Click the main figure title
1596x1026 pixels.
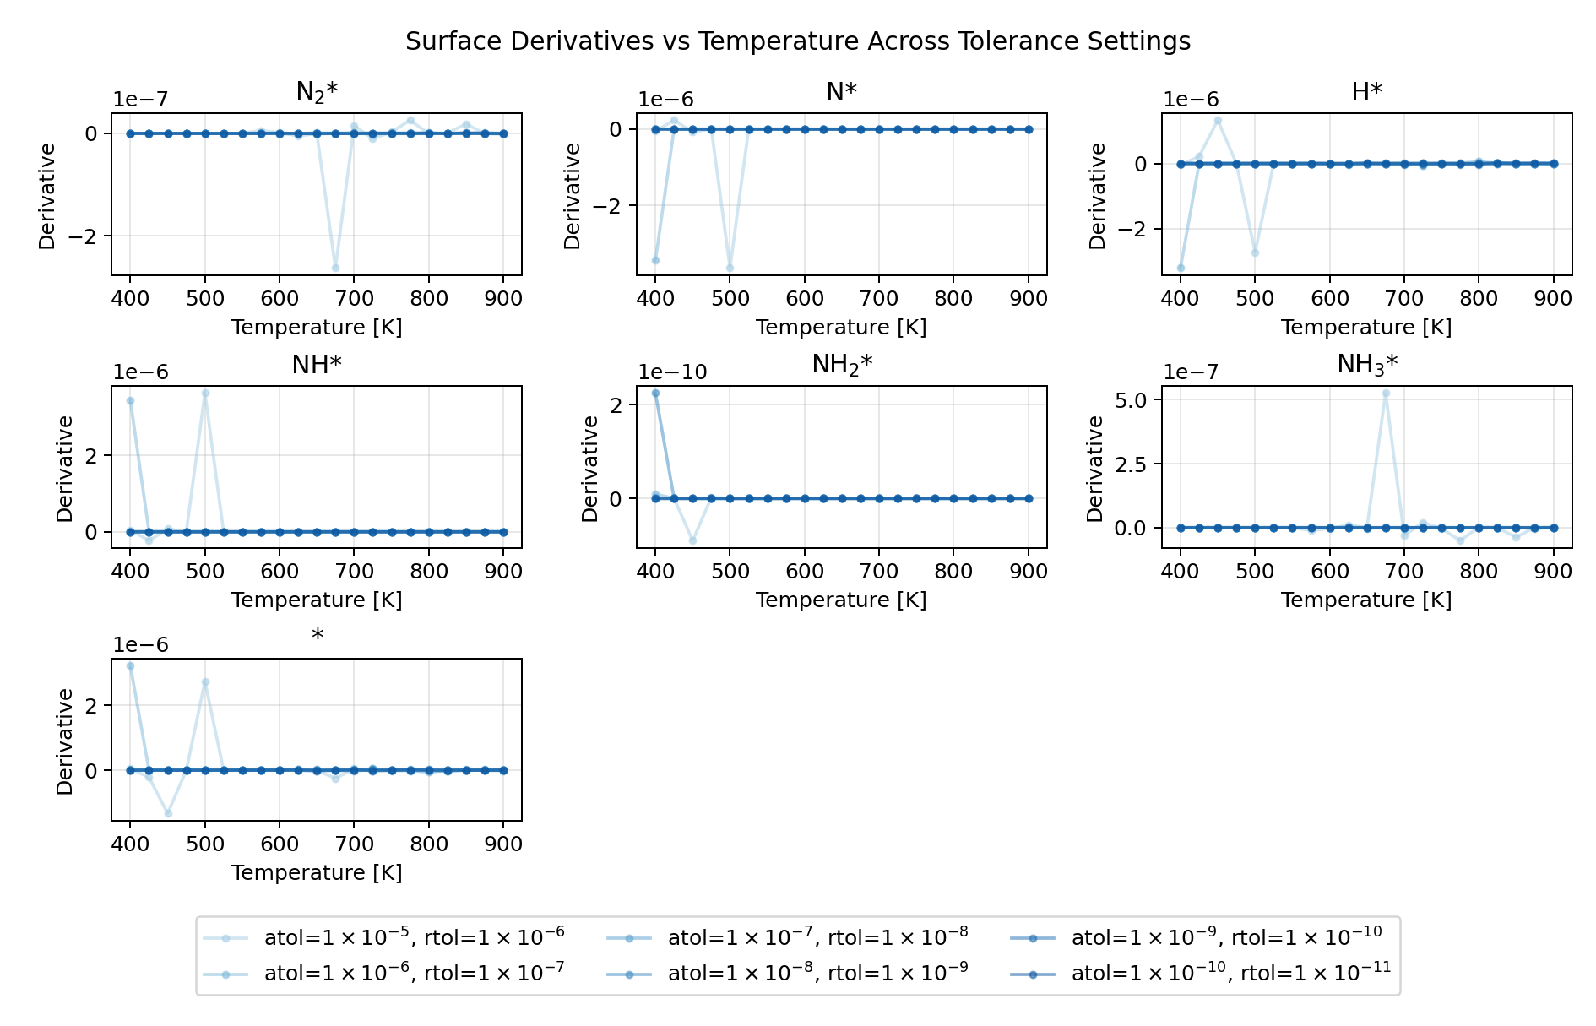(797, 41)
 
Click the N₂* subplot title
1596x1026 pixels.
(317, 91)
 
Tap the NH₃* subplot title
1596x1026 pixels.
(1366, 364)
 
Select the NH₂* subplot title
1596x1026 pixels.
(841, 364)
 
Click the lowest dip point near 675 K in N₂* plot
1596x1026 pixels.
(335, 268)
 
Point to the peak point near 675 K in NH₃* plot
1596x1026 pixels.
(1386, 394)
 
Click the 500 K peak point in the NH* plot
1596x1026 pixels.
(205, 394)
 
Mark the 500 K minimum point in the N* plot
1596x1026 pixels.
(730, 268)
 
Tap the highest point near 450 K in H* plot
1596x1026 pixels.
(1218, 121)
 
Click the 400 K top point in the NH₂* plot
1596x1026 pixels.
(655, 394)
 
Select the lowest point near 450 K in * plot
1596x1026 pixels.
(168, 813)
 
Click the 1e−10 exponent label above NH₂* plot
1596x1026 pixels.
(672, 372)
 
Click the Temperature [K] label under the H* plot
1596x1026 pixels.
(1366, 328)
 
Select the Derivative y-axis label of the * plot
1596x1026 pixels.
(65, 741)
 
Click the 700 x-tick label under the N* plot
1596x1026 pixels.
(879, 298)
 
